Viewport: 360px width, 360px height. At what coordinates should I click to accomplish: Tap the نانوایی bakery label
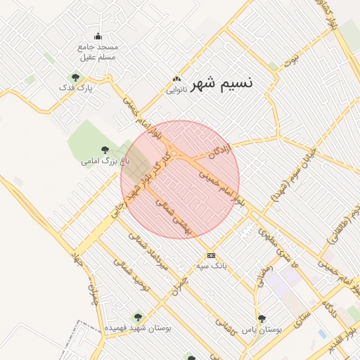176,90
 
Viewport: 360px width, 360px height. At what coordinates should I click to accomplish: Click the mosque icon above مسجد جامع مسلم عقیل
98,37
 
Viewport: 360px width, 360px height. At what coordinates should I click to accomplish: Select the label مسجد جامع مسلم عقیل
98,51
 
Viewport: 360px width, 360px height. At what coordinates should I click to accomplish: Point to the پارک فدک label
76,88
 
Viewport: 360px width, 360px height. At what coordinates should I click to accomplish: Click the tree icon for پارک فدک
75,77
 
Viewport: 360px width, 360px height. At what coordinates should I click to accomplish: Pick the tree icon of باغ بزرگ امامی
105,150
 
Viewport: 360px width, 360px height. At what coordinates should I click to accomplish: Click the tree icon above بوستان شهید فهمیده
138,317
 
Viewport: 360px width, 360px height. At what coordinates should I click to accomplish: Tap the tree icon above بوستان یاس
262,318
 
